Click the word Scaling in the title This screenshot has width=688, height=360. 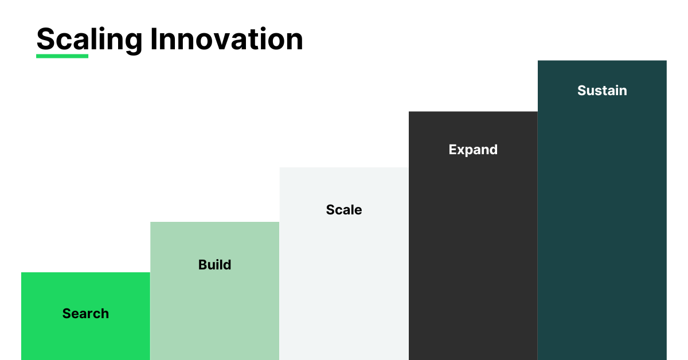[89, 40]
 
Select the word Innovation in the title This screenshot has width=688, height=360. [226, 39]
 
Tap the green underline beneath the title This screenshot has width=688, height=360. [62, 56]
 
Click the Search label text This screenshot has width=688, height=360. [85, 314]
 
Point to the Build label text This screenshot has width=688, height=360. [214, 264]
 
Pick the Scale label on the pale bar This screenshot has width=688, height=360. [344, 210]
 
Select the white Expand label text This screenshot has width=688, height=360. [473, 150]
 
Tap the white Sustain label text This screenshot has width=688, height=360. [602, 91]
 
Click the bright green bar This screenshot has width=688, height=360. [85, 316]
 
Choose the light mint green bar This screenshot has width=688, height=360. [214, 291]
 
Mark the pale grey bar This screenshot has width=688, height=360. [344, 264]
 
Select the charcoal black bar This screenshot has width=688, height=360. [473, 236]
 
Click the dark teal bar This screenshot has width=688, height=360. [602, 210]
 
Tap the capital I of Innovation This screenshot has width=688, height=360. [154, 39]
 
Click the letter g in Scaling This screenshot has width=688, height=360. [132, 43]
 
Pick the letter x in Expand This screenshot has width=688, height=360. [462, 151]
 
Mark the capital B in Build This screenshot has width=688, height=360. [203, 265]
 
